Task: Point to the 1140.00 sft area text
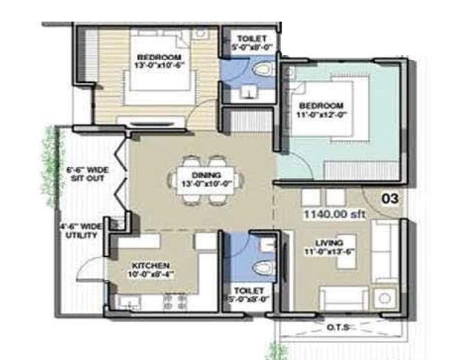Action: [334, 214]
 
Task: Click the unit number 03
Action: [390, 198]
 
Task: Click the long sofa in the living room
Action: [383, 252]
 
